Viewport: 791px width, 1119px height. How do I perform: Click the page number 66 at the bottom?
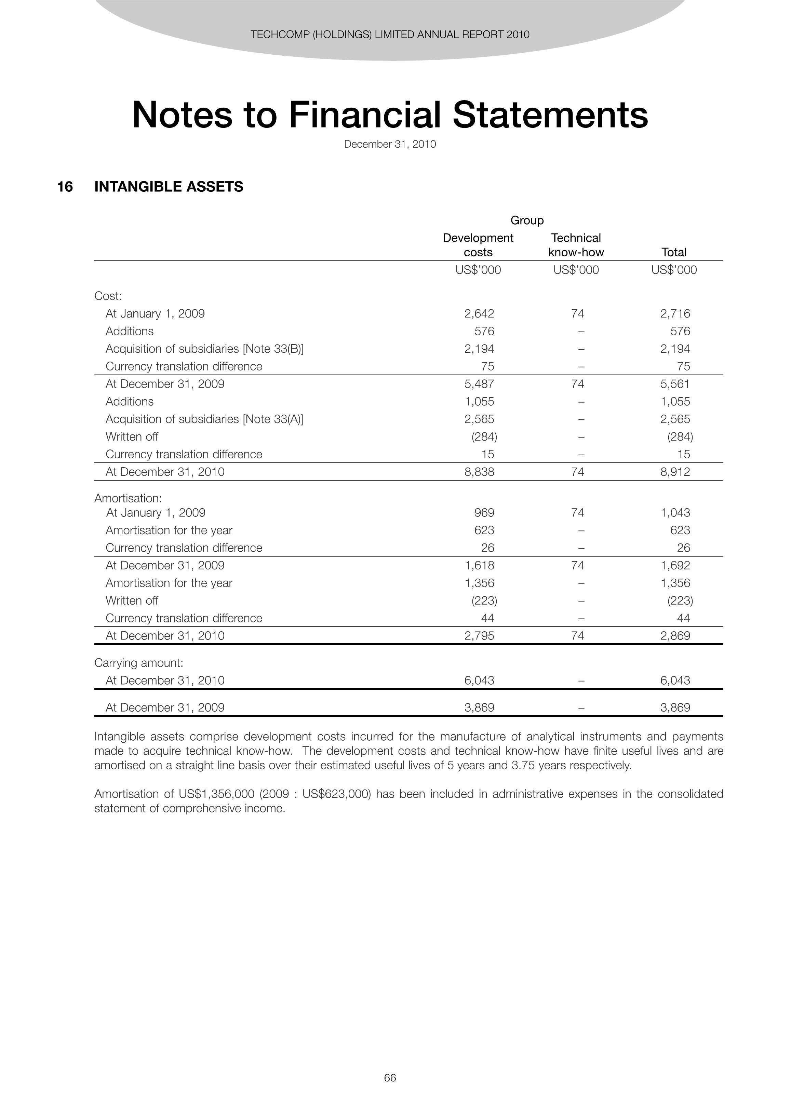(390, 1078)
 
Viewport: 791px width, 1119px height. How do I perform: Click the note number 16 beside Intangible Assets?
(65, 187)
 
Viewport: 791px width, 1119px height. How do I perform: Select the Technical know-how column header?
(576, 245)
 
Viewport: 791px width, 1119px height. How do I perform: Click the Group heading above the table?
(527, 220)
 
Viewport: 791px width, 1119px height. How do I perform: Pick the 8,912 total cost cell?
(675, 472)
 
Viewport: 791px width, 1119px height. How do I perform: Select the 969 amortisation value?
(484, 513)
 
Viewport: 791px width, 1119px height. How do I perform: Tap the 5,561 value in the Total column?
(675, 384)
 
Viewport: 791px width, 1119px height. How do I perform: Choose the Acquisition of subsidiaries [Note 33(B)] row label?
(205, 349)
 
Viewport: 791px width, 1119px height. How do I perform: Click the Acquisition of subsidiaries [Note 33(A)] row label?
(205, 419)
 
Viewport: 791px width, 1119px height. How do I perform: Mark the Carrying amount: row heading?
(138, 663)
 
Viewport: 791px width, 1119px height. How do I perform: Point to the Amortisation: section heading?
(128, 498)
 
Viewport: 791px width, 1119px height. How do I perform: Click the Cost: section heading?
(108, 296)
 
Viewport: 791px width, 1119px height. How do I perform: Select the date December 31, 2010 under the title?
(390, 144)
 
